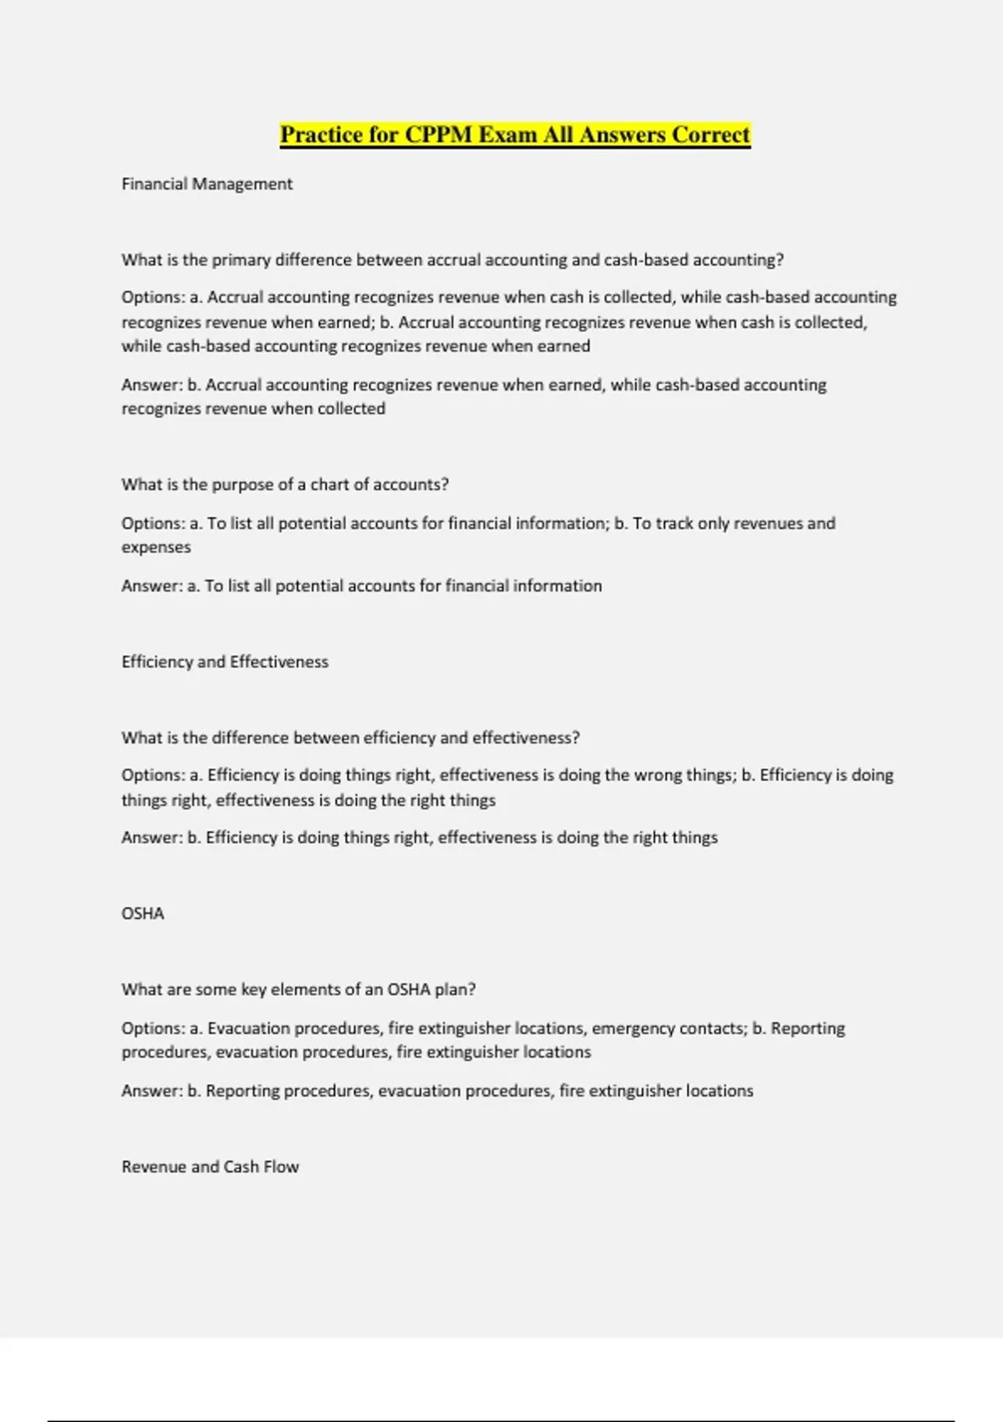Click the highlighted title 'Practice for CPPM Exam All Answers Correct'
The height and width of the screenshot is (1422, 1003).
coord(515,135)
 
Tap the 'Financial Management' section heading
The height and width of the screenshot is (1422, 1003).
coord(206,184)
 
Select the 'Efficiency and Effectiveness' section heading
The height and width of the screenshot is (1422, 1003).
coord(225,662)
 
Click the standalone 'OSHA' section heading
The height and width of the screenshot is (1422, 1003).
coord(143,913)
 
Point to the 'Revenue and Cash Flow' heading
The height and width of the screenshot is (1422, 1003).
coord(210,1167)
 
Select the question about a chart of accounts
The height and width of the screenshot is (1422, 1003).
coord(285,485)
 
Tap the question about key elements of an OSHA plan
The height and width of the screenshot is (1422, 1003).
coord(298,990)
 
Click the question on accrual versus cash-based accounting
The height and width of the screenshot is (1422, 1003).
coord(452,260)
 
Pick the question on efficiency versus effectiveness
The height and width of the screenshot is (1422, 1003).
coord(350,738)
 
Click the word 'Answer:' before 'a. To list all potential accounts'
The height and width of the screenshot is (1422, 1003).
coord(151,586)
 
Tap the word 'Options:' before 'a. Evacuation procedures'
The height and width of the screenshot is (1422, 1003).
coord(153,1028)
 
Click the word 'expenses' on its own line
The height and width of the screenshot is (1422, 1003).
coord(156,547)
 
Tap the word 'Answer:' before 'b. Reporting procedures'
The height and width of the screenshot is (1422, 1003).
coord(151,1091)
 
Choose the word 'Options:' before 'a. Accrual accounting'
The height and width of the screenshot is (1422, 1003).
coord(153,297)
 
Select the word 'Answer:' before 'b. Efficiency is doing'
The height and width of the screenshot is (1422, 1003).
coord(151,837)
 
